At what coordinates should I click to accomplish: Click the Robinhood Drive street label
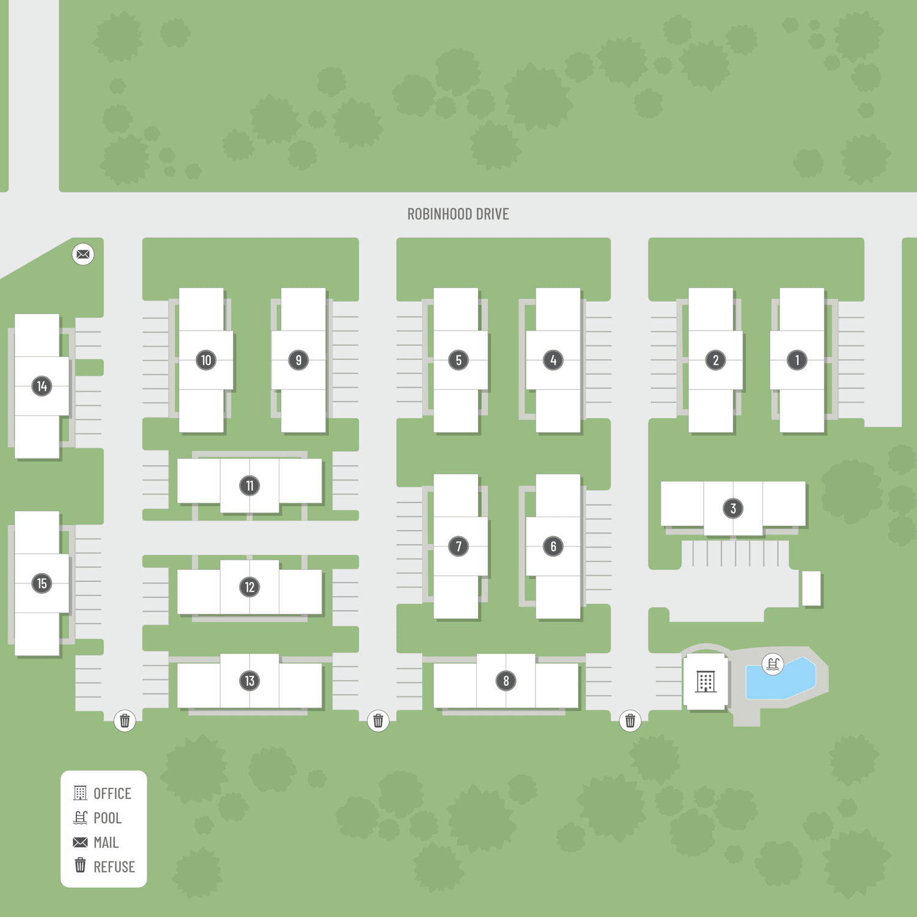[x=458, y=214]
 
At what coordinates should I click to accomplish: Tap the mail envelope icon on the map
[x=83, y=254]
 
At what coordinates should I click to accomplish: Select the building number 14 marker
[x=42, y=386]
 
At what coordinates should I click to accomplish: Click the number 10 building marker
[x=206, y=360]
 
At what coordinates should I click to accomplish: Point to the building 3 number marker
[x=733, y=508]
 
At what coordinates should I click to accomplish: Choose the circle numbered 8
[x=506, y=680]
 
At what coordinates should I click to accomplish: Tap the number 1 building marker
[x=797, y=360]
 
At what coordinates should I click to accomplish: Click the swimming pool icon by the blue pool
[x=773, y=664]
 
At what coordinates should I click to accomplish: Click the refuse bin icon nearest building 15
[x=125, y=721]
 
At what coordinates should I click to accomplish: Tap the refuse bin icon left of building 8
[x=378, y=721]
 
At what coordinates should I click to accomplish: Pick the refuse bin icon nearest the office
[x=630, y=721]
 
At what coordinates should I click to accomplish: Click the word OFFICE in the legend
[x=112, y=794]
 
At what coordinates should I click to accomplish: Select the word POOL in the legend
[x=108, y=818]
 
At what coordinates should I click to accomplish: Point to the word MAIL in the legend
[x=106, y=842]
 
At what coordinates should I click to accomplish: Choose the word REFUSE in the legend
[x=114, y=867]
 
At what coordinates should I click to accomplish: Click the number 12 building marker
[x=249, y=587]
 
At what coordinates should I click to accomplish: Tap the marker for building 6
[x=553, y=546]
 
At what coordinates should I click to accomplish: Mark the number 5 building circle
[x=458, y=360]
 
